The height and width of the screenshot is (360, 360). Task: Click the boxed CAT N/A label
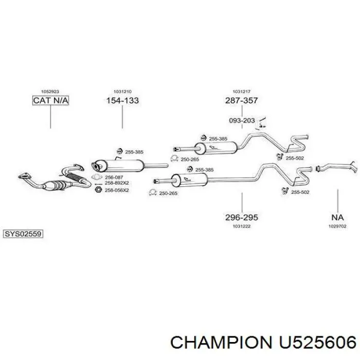click(50, 100)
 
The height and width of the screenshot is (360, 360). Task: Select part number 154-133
click(122, 100)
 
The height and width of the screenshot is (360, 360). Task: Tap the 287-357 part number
click(242, 100)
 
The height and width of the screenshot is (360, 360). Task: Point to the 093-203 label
click(242, 120)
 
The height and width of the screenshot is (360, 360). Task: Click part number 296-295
click(242, 217)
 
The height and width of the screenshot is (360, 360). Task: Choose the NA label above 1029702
click(337, 217)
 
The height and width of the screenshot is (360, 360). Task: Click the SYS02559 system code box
click(23, 234)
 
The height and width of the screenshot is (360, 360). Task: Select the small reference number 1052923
click(50, 92)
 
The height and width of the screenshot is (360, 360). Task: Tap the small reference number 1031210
click(122, 92)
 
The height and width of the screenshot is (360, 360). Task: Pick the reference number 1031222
click(242, 226)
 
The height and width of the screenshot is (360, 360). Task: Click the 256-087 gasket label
click(114, 177)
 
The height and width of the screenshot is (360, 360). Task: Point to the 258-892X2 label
click(117, 183)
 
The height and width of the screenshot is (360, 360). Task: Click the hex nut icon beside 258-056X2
click(98, 190)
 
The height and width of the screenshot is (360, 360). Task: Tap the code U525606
click(317, 343)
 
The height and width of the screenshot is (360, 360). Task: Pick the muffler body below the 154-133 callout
click(118, 166)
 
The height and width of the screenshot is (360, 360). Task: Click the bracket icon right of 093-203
click(261, 122)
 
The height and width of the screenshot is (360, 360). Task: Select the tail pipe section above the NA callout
click(336, 167)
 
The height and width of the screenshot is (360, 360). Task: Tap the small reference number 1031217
click(242, 92)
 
